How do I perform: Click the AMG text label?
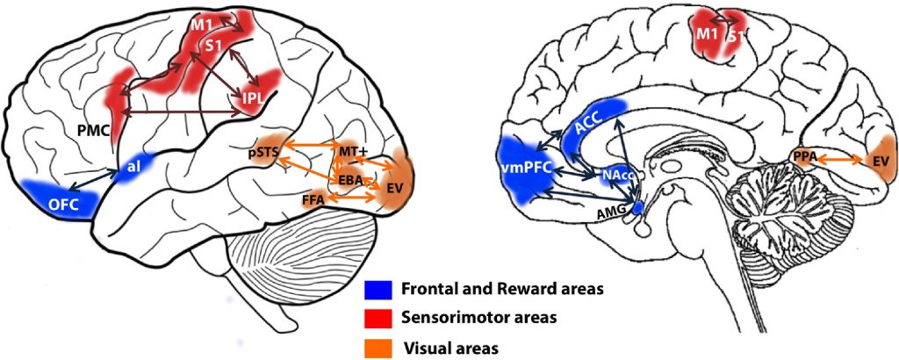tap(615, 214)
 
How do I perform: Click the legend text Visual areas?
tap(449, 348)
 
